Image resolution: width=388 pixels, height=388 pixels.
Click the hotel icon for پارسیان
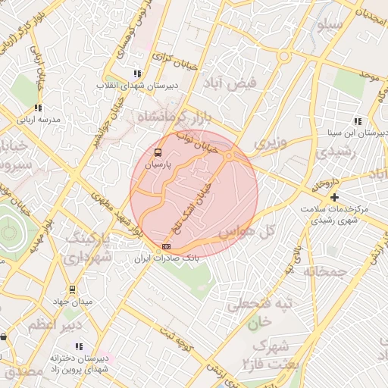coord(158,151)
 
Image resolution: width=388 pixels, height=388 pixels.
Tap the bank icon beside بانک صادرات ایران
coord(166,246)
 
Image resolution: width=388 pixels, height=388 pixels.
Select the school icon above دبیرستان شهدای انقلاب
coord(137,74)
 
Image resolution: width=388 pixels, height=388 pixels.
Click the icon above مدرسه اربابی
coord(38,108)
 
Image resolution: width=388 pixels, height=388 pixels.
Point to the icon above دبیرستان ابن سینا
coord(357,121)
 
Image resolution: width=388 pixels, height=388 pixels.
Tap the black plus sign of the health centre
coord(334,197)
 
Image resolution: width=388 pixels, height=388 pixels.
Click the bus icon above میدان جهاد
coord(72,289)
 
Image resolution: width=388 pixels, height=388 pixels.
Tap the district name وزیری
coord(271,142)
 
